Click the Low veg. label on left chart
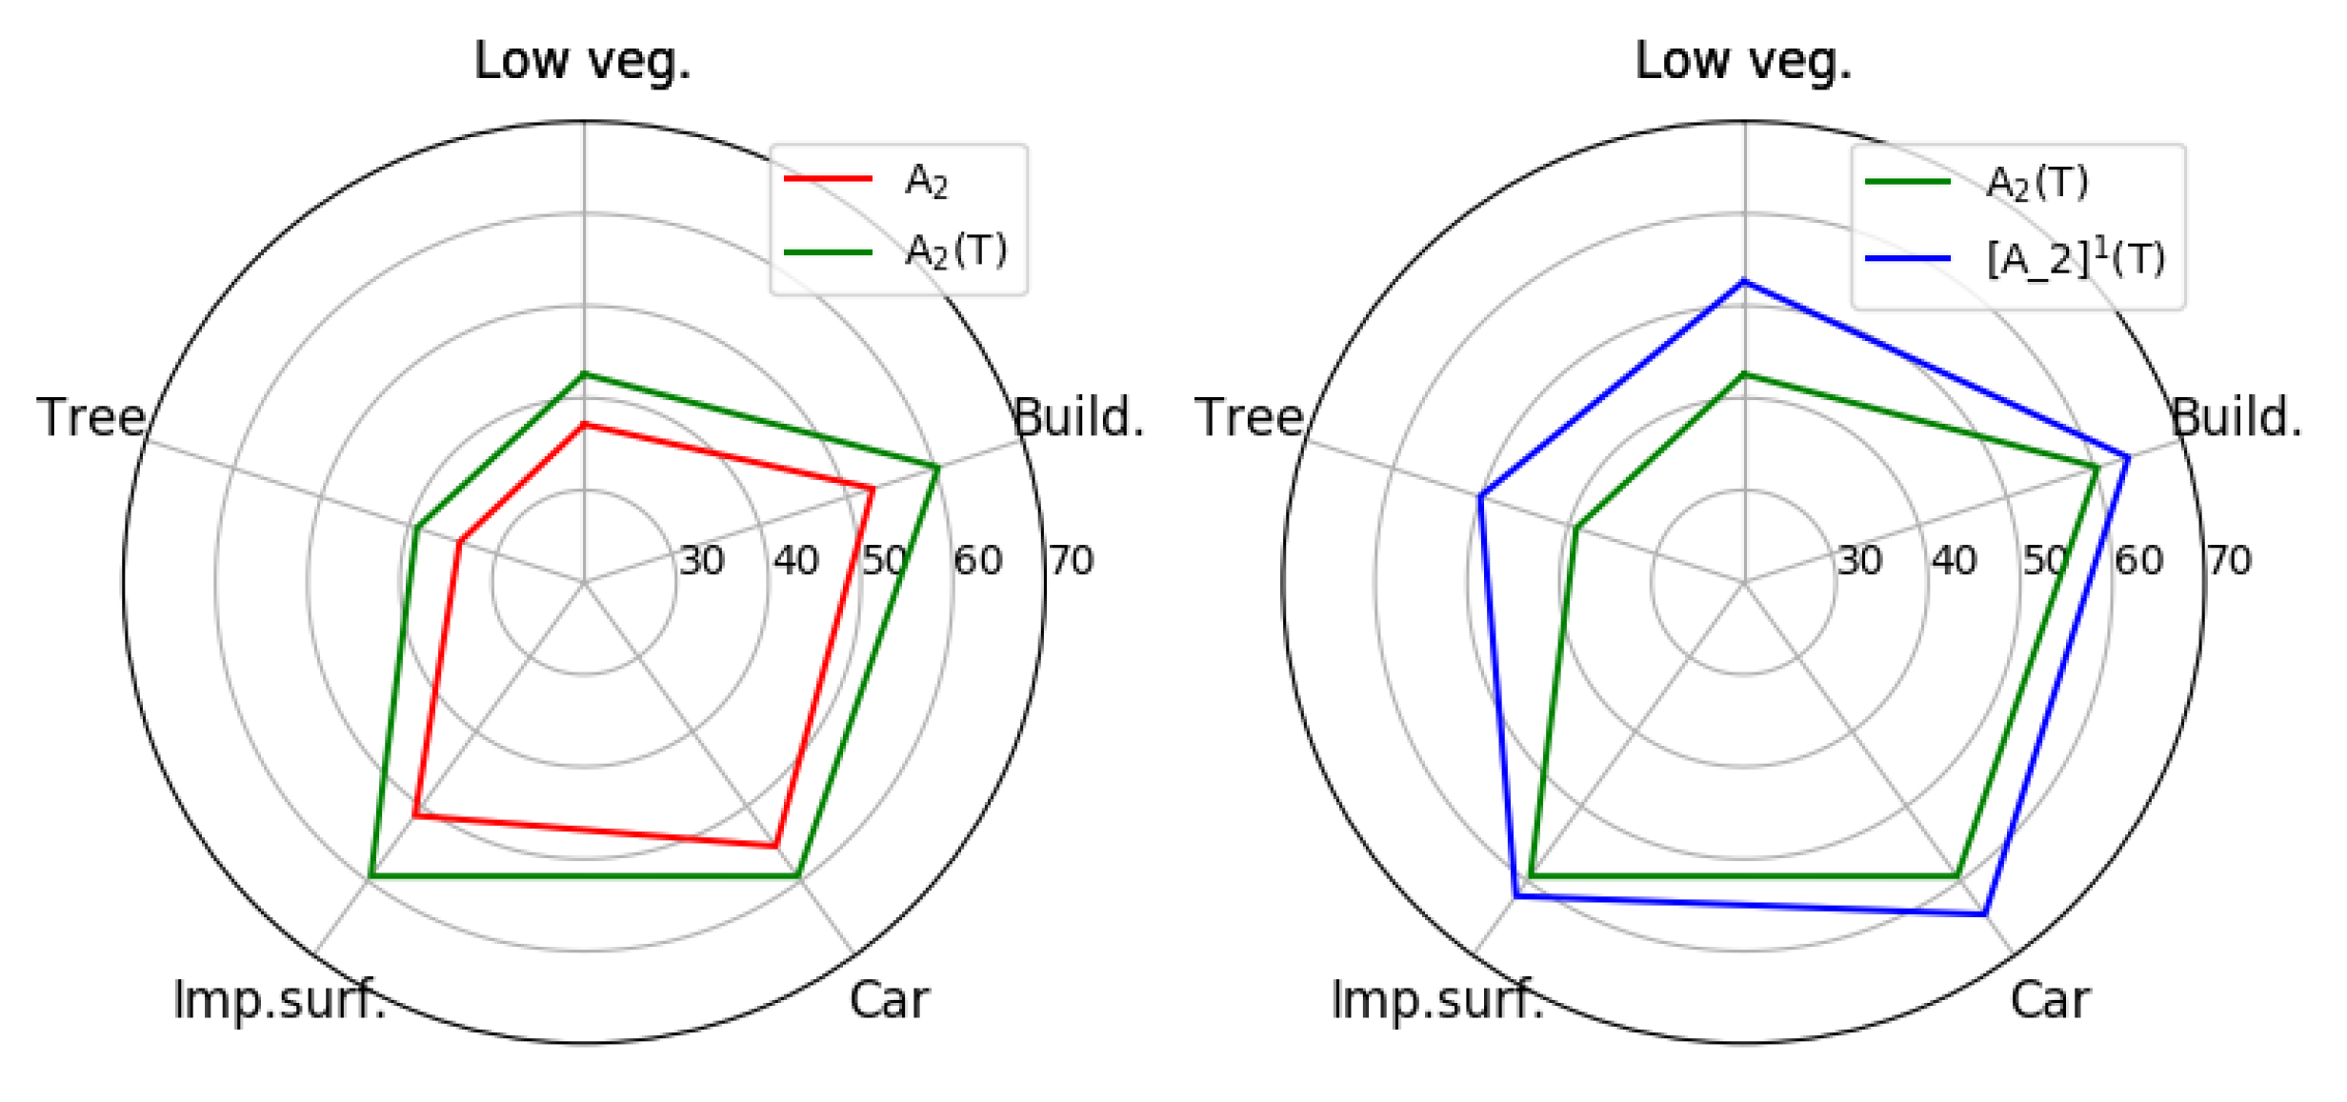click(x=582, y=62)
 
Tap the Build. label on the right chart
click(x=2236, y=417)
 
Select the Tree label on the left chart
click(x=91, y=417)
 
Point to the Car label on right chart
click(x=2050, y=1000)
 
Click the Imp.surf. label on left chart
click(x=279, y=1000)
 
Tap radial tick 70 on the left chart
click(x=1071, y=561)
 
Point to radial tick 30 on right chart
click(x=1859, y=561)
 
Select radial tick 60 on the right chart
click(x=2138, y=561)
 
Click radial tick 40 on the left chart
click(x=795, y=561)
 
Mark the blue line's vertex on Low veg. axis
click(x=1744, y=282)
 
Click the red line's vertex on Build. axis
click(x=873, y=489)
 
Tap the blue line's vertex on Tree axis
click(x=1479, y=495)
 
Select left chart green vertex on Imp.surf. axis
click(x=371, y=874)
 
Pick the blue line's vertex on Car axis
click(x=1984, y=914)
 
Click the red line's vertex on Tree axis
click(x=458, y=542)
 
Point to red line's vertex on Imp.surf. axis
click(x=415, y=815)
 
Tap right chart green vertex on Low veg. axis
click(x=1744, y=373)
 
